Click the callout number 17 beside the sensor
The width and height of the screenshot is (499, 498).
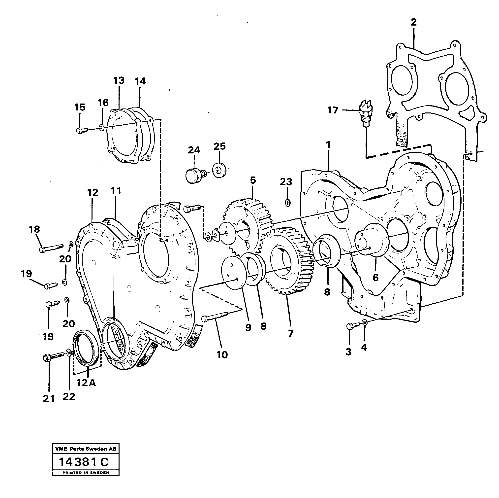[333, 110]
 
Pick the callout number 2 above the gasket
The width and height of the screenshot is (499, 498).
[413, 22]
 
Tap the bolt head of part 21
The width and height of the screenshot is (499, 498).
[47, 358]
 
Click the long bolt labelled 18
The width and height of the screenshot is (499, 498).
[51, 248]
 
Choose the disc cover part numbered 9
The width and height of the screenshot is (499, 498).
[233, 272]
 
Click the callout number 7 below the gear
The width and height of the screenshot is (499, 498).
[291, 334]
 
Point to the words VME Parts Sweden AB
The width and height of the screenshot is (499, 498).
[86, 449]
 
